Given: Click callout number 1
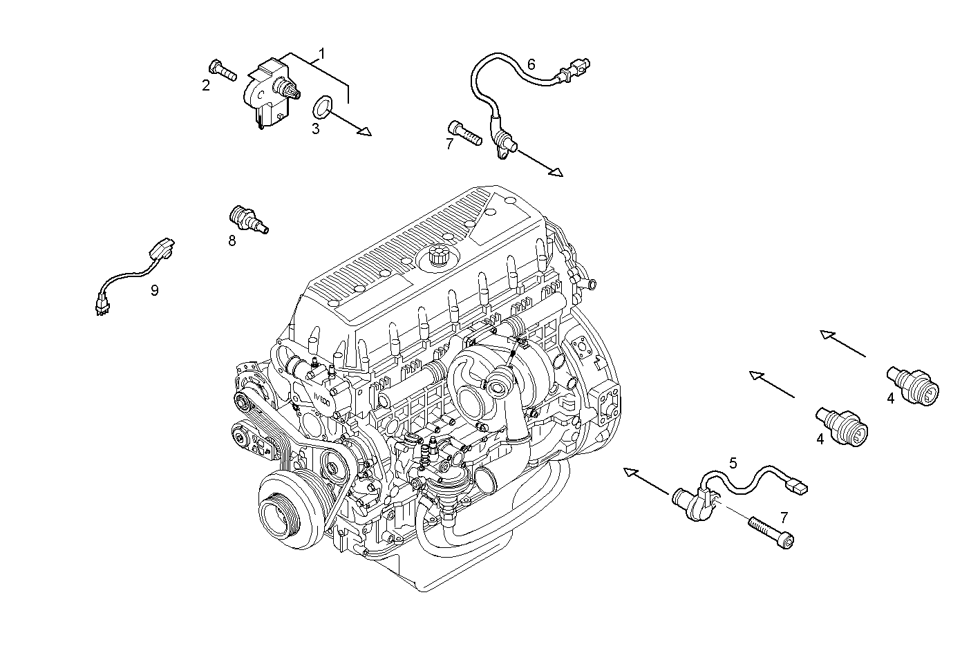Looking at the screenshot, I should [x=321, y=53].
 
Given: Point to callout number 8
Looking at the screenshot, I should [x=232, y=240].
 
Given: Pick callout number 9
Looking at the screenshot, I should [x=155, y=290].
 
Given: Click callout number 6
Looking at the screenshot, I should [x=531, y=64].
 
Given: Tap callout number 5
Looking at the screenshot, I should [x=733, y=462].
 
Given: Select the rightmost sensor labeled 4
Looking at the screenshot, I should [x=914, y=385].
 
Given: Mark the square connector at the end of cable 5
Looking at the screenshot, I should [x=800, y=488].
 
